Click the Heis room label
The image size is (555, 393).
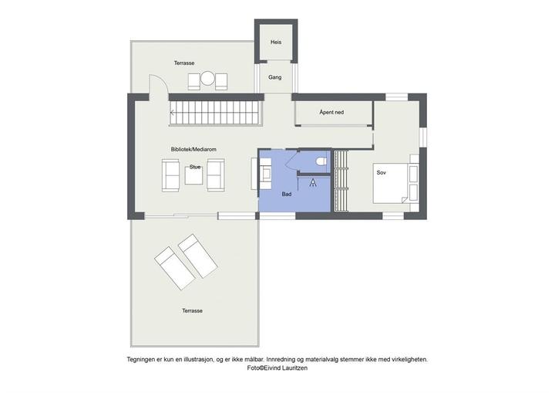(276, 42)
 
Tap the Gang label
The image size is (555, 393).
(275, 77)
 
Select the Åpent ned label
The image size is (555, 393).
(331, 112)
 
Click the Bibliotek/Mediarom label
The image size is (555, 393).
(193, 149)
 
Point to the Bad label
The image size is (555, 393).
(287, 194)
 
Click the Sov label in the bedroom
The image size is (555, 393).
(382, 172)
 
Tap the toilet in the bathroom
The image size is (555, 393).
(321, 161)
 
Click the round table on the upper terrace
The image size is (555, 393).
(207, 78)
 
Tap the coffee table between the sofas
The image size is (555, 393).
(194, 175)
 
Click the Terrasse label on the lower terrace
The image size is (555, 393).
(192, 310)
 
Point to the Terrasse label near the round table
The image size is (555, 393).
(184, 63)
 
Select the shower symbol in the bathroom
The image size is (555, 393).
(313, 182)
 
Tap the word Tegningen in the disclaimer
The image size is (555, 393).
(142, 359)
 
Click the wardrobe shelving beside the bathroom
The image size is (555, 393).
(341, 181)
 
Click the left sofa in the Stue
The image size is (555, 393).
(170, 175)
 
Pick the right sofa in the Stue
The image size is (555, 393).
(216, 175)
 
